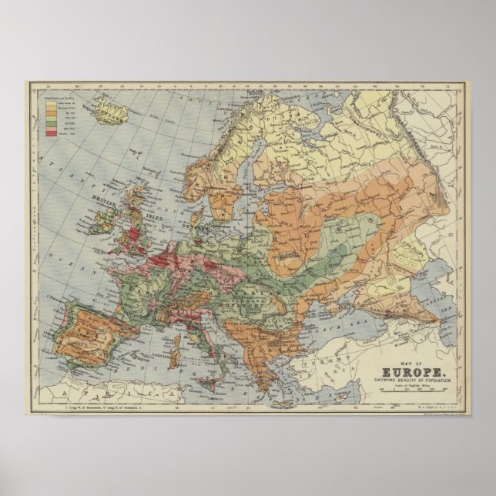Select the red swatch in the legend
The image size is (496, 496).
pos(52,133)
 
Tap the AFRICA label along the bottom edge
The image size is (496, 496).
pos(100,394)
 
